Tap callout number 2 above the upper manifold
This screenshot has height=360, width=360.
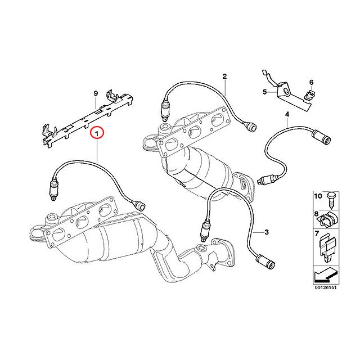pos(224,76)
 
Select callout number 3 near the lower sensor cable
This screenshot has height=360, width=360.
pos(266,231)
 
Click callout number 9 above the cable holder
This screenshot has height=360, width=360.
pos(96,93)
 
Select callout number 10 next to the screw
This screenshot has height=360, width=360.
pos(317,196)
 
